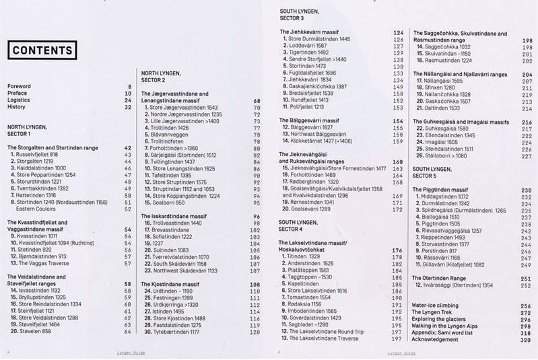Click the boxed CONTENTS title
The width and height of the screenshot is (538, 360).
tap(42, 50)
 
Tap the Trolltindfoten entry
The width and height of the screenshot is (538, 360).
tap(167, 141)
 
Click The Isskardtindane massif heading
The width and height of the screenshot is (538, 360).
tap(171, 216)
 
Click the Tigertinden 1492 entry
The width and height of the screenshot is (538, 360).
tap(308, 52)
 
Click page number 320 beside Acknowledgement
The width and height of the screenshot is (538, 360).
tap(527, 339)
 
